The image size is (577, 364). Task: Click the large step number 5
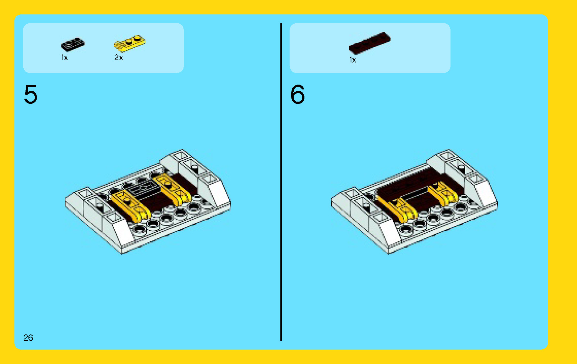tap(31, 95)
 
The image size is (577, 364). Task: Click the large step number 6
tap(297, 95)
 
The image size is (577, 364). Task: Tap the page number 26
tap(28, 337)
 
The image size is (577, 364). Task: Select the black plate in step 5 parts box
tap(72, 44)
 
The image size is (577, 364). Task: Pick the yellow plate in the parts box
tap(129, 43)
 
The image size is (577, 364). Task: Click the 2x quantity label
tap(118, 58)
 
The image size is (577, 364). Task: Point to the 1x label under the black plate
tap(65, 58)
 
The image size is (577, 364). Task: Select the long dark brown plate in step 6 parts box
tap(370, 42)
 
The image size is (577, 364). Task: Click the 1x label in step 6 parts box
tap(353, 60)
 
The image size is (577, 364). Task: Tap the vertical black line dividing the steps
tap(281, 185)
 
